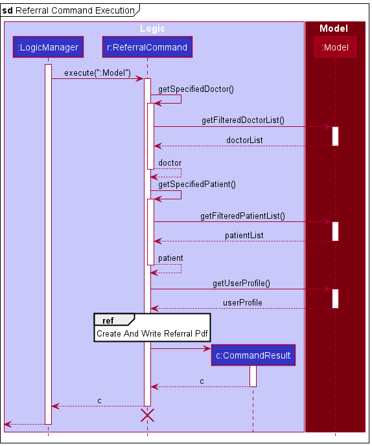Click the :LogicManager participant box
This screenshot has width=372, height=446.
tap(48, 47)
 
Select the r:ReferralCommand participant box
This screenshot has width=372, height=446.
tap(147, 47)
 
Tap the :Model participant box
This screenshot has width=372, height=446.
tap(335, 47)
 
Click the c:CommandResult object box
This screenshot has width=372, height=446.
tap(253, 355)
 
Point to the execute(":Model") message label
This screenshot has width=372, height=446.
tap(97, 73)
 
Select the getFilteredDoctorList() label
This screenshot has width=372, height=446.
tap(242, 120)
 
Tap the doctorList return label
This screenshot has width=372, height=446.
tap(244, 140)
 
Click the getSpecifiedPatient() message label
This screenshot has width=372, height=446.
tap(197, 184)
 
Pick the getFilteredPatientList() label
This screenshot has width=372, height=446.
tap(242, 216)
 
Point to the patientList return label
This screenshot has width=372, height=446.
tap(244, 235)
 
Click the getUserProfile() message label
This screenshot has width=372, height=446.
tap(241, 284)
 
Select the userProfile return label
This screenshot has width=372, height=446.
tap(242, 302)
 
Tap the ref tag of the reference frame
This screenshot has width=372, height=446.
tap(109, 320)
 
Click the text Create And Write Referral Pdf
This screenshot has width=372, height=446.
tap(153, 334)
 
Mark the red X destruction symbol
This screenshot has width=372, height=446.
tap(147, 416)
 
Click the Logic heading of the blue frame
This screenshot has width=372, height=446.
tap(153, 28)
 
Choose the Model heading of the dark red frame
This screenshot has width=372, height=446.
tap(334, 28)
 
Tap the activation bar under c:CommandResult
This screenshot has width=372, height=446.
tap(253, 376)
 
